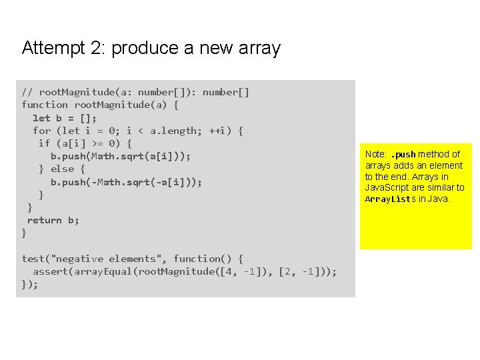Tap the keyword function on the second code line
45,105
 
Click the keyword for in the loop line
42,131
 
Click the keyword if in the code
45,143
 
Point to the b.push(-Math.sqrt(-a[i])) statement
126,182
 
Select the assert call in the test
50,271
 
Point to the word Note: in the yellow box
376,154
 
